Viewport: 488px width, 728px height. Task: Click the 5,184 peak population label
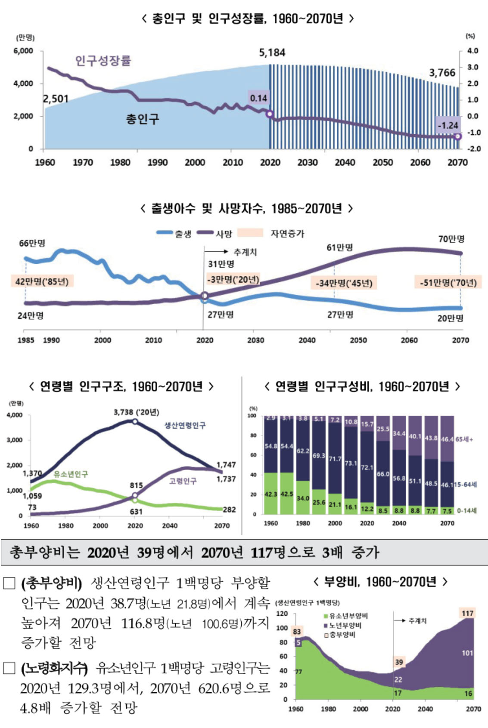point(272,53)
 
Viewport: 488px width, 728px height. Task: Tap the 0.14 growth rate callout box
point(258,98)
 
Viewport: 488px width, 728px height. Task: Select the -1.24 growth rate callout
point(448,125)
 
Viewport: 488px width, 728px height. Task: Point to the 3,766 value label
point(442,73)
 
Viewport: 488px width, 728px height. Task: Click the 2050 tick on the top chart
point(382,162)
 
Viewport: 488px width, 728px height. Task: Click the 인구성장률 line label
point(103,61)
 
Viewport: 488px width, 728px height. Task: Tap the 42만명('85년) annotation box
point(42,281)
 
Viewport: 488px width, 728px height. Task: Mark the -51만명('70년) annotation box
point(448,283)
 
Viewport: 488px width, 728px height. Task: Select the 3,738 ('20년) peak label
point(136,412)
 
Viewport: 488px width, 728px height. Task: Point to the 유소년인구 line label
point(71,474)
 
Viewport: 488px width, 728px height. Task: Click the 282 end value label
point(229,510)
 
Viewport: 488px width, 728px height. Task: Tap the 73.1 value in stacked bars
point(351,463)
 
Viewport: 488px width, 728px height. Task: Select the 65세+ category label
point(464,439)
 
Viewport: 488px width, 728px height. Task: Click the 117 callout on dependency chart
point(467,613)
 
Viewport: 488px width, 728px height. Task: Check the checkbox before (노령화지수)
point(9,668)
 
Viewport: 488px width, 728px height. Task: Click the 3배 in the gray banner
point(332,552)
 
